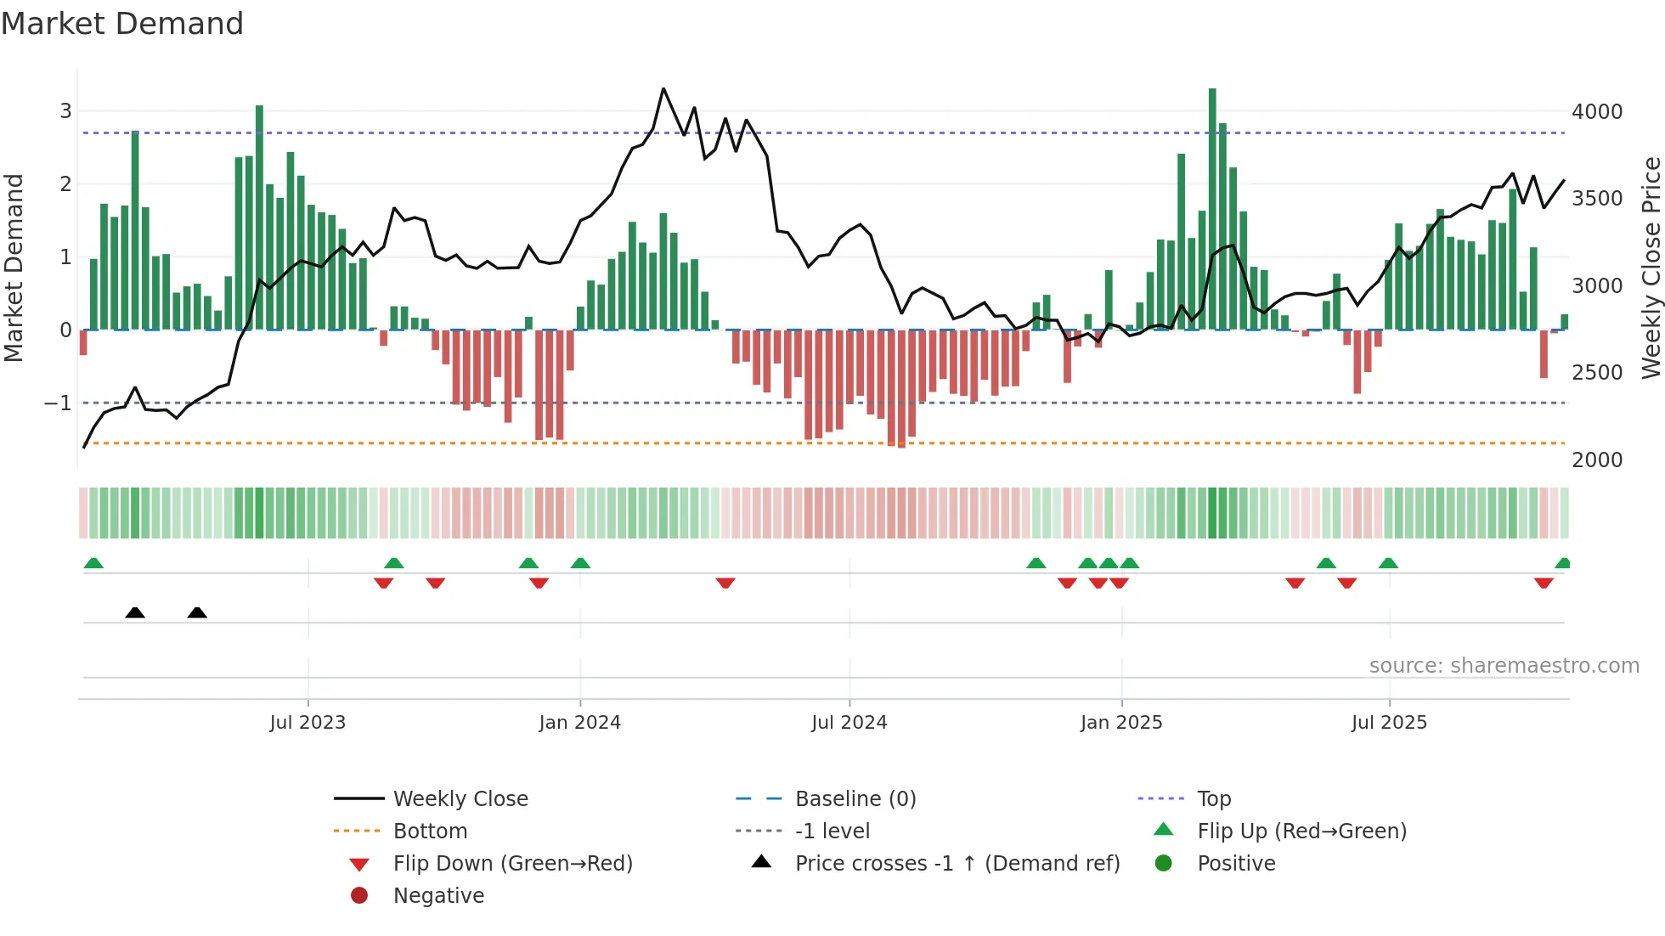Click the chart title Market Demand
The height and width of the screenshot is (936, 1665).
pyautogui.click(x=122, y=24)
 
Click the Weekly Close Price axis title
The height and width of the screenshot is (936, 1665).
pyautogui.click(x=1651, y=268)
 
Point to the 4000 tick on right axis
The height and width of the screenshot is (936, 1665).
pyautogui.click(x=1596, y=112)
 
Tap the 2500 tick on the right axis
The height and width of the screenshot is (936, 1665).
pyautogui.click(x=1596, y=373)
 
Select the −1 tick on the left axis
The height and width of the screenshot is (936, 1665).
pyautogui.click(x=59, y=403)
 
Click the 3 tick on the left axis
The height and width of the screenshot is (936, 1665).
pyautogui.click(x=65, y=111)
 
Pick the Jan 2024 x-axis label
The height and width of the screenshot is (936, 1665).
pyautogui.click(x=579, y=723)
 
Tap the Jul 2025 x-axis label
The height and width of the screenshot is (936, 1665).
pyautogui.click(x=1389, y=723)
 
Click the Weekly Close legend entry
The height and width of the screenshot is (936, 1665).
pyautogui.click(x=460, y=799)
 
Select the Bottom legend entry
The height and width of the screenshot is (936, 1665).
pyautogui.click(x=430, y=832)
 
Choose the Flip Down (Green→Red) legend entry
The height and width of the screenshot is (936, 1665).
pyautogui.click(x=512, y=864)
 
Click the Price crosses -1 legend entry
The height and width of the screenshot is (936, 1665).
pyautogui.click(x=957, y=864)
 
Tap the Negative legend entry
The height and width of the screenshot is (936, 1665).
pyautogui.click(x=438, y=896)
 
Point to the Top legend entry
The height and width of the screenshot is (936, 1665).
pyautogui.click(x=1213, y=799)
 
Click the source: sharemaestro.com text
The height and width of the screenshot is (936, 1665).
pyautogui.click(x=1504, y=666)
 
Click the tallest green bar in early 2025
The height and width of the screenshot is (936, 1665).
pyautogui.click(x=1212, y=208)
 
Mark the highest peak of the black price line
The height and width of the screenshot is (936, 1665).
pyautogui.click(x=663, y=89)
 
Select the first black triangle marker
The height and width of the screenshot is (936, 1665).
pyautogui.click(x=135, y=612)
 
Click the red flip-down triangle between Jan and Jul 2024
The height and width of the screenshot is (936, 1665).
pyautogui.click(x=725, y=583)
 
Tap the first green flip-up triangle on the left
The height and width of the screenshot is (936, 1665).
pyautogui.click(x=93, y=563)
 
